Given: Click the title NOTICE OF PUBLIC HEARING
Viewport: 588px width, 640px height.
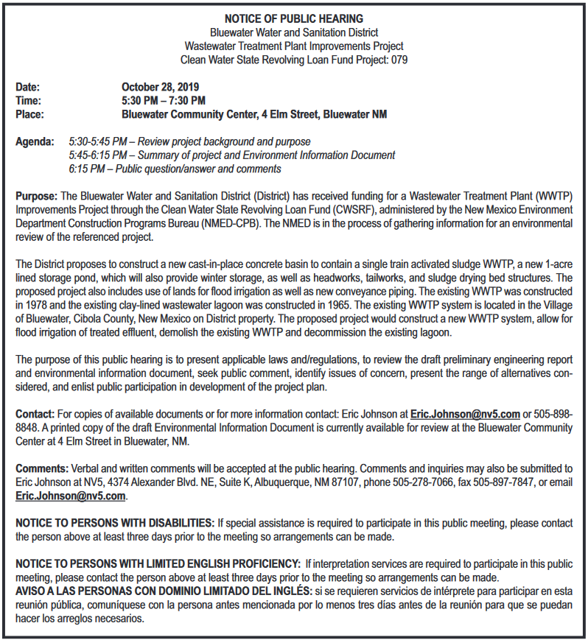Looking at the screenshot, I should click(294, 18).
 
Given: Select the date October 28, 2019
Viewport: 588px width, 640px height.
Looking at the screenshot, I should click(155, 87).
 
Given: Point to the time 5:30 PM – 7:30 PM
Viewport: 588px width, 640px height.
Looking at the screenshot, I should click(164, 101).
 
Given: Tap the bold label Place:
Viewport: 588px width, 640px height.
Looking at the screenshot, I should click(30, 114).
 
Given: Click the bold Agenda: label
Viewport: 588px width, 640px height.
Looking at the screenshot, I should click(35, 141).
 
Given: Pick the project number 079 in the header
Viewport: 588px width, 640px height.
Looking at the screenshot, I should click(399, 60).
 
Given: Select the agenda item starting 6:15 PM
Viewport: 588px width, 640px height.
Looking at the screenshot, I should click(175, 169).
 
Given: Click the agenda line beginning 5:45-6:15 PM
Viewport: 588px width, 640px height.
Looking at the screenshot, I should click(231, 155).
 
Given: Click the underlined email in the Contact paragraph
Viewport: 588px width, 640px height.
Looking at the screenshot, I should click(465, 414).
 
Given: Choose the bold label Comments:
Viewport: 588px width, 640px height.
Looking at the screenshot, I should click(42, 468).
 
